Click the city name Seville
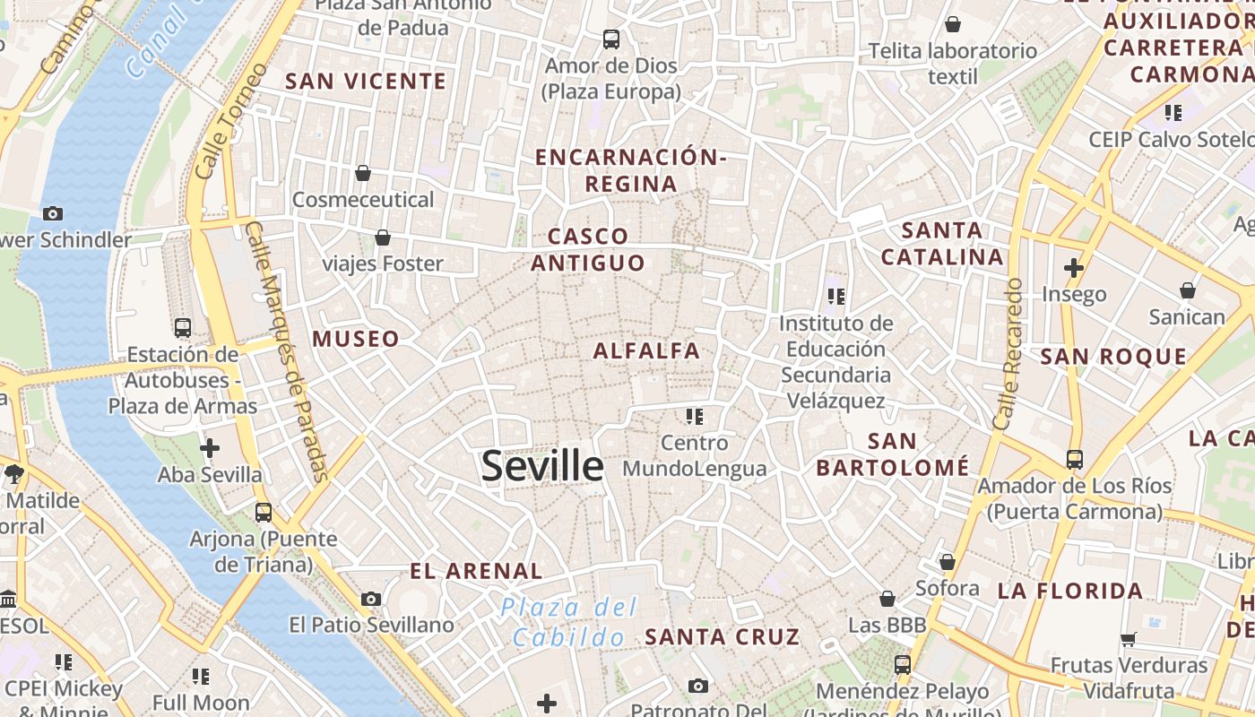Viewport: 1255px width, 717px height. pyautogui.click(x=542, y=466)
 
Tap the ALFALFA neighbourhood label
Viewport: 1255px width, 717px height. pyautogui.click(x=646, y=350)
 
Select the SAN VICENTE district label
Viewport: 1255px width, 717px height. pyautogui.click(x=366, y=81)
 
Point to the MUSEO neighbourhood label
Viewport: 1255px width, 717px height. pyautogui.click(x=356, y=339)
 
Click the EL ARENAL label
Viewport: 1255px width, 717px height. pyautogui.click(x=476, y=571)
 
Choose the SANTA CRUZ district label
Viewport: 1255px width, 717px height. pyautogui.click(x=722, y=637)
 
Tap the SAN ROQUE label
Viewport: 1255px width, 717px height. pyautogui.click(x=1113, y=357)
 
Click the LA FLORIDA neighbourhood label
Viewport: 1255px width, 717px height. pyautogui.click(x=1070, y=591)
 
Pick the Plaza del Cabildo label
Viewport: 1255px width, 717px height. pyautogui.click(x=569, y=622)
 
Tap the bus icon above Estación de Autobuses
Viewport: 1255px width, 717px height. pyautogui.click(x=183, y=327)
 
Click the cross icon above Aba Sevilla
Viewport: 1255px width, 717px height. pyautogui.click(x=210, y=447)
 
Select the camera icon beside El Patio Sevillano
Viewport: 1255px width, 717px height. pyautogui.click(x=371, y=599)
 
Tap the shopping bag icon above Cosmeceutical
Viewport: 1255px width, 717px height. pyautogui.click(x=363, y=172)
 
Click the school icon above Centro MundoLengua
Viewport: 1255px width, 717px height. pyautogui.click(x=694, y=416)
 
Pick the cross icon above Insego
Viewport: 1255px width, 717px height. pyautogui.click(x=1074, y=267)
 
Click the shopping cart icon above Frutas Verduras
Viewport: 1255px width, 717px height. pyautogui.click(x=1129, y=639)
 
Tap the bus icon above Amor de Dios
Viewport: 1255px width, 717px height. pyautogui.click(x=611, y=39)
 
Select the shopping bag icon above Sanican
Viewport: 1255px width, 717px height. pyautogui.click(x=1187, y=290)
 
